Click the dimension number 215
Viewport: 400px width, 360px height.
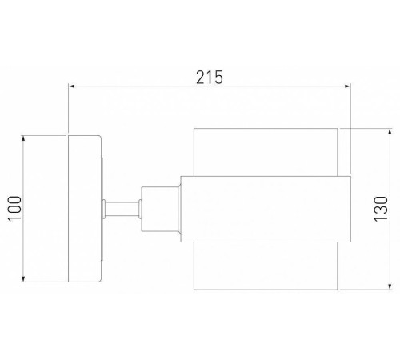coord(209,77)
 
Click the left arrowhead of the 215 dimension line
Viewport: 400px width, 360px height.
coord(72,86)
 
